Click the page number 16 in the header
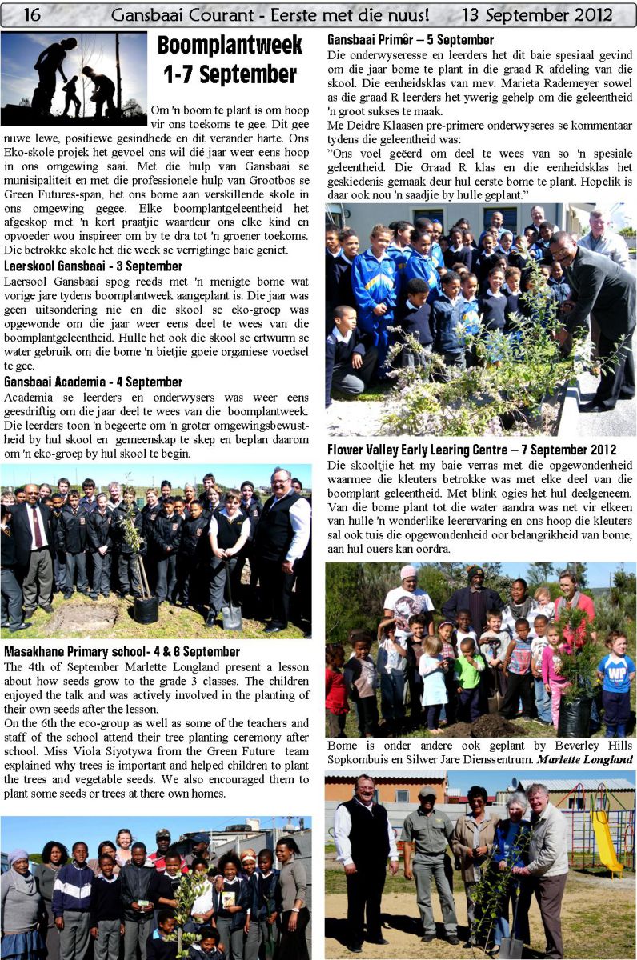click(33, 14)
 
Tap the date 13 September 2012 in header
click(537, 14)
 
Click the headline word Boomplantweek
click(230, 46)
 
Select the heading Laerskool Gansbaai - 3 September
click(93, 266)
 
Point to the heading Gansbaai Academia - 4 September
click(93, 382)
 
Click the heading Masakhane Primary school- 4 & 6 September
click(122, 652)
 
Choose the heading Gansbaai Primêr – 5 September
click(411, 39)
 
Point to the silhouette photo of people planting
click(74, 78)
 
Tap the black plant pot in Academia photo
click(146, 610)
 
